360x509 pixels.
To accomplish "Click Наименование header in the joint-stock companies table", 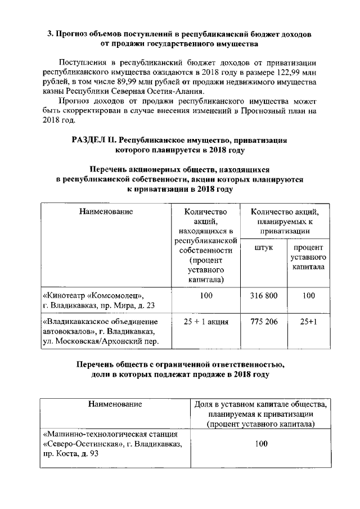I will [106, 212].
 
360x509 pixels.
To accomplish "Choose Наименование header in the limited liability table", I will [115, 404].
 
